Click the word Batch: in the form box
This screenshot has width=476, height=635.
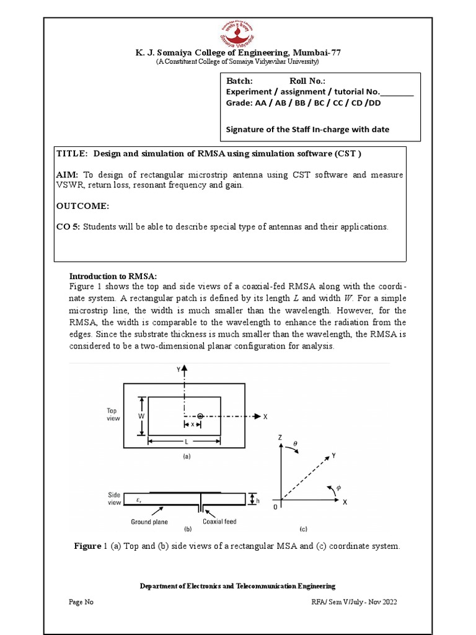[x=239, y=81]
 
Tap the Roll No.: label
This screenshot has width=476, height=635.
[x=307, y=81]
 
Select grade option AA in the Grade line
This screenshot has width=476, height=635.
[x=261, y=103]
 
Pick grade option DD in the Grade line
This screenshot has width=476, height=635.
[x=374, y=103]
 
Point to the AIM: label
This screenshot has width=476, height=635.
[x=67, y=175]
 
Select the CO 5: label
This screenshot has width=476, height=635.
[x=68, y=227]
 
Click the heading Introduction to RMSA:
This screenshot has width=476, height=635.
[x=113, y=276]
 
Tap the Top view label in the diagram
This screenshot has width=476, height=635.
[x=112, y=414]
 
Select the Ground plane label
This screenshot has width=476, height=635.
[x=149, y=522]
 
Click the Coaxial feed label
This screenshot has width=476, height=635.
[x=220, y=522]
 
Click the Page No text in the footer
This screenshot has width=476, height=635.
[x=81, y=602]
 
